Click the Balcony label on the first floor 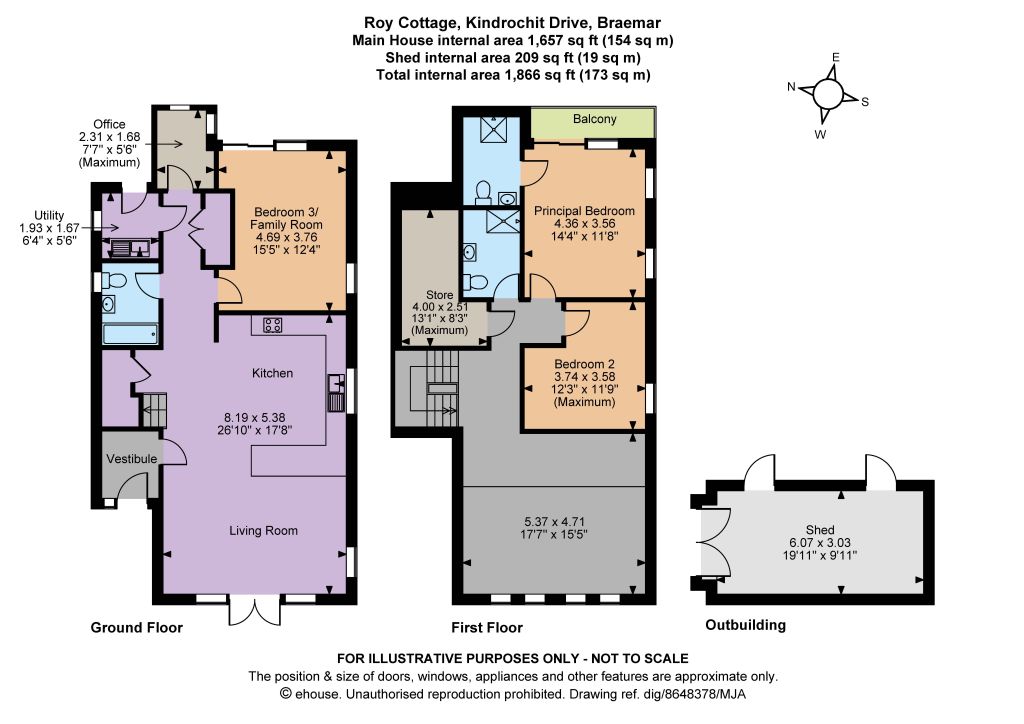pos(594,119)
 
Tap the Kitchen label pos(272,373)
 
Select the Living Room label pos(263,531)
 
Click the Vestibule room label pos(132,459)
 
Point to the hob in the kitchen pos(272,324)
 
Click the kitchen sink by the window pos(336,393)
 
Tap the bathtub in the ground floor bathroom pos(130,334)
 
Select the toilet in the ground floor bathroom pos(114,281)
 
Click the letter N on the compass pos(791,87)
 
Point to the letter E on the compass pos(835,57)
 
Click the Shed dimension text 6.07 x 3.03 pos(820,543)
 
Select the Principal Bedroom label pos(584,211)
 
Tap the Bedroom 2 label pos(584,364)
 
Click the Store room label pos(440,295)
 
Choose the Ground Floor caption pos(136,627)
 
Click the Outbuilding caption pos(746,625)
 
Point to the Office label pos(109,124)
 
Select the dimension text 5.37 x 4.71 pos(554,522)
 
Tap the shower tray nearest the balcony pos(492,131)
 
